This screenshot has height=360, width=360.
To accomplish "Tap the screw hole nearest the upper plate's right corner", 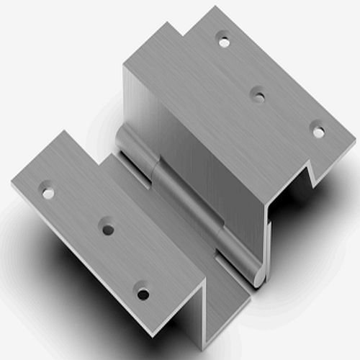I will pos(318,132).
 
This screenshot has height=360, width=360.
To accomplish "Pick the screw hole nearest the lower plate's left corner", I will pos(48,193).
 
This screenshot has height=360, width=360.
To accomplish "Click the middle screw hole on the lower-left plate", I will pos(107,230).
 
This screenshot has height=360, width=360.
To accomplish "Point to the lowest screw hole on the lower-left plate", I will pos(143,294).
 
